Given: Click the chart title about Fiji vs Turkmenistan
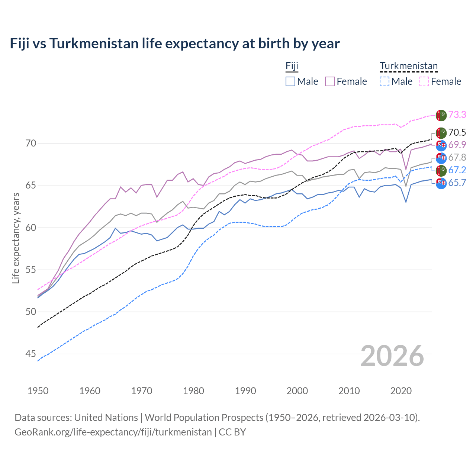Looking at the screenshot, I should tap(174, 44).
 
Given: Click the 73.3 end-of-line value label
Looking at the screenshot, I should tap(457, 115).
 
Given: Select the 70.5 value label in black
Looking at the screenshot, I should tap(457, 132).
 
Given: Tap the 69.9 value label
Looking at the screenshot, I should tap(457, 145).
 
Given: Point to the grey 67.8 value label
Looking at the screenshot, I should tap(457, 158).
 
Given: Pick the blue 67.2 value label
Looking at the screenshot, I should tap(457, 170).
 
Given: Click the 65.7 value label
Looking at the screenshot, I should tap(457, 183).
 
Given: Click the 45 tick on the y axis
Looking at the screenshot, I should tap(31, 354).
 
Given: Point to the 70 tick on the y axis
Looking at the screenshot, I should tap(31, 143).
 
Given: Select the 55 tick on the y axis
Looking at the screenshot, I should tap(31, 270).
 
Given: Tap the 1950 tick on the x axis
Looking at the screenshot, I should tap(38, 391).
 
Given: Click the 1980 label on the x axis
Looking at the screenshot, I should tap(193, 391).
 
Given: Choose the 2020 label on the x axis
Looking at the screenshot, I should tap(401, 391).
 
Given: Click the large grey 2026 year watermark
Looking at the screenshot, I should tap(392, 356).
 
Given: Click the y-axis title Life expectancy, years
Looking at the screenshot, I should tap(16, 238).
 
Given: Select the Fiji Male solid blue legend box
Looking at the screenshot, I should tap(290, 81).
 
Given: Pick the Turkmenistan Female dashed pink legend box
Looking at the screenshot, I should tap(424, 81).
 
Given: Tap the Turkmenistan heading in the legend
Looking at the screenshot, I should tap(409, 66).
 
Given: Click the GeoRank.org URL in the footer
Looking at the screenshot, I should tap(113, 432).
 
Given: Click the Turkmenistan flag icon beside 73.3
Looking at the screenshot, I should tap(441, 115).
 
